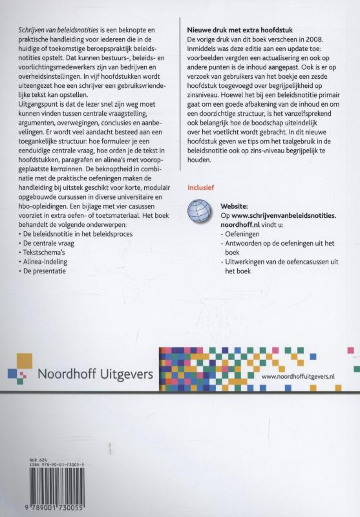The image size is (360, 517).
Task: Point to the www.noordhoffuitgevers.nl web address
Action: pos(302,375)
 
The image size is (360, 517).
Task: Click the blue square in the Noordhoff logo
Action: pos(14,373)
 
